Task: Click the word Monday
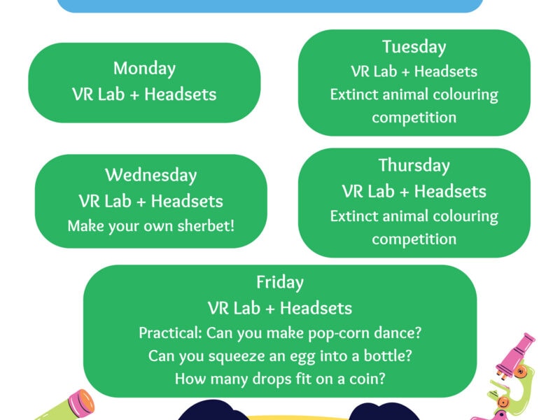point(144,69)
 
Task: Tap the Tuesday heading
point(414,47)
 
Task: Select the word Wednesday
point(151,176)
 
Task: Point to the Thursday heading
point(414,166)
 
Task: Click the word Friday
point(280,283)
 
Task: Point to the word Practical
point(170,333)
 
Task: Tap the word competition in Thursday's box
point(414,239)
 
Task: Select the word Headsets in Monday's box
point(181,94)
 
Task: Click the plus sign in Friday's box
point(270,309)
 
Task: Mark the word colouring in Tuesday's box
point(465,95)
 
